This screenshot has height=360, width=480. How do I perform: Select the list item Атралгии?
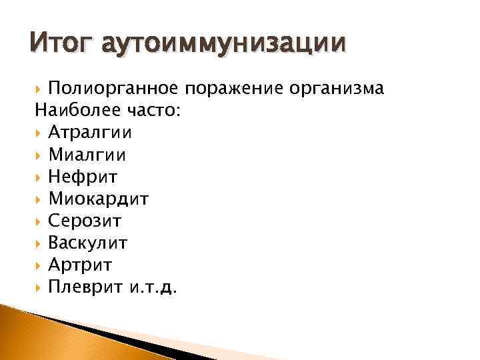90,133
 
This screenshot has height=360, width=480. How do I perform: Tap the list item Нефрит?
83,177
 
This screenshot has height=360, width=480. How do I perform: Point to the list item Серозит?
85,221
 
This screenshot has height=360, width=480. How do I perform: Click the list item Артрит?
80,265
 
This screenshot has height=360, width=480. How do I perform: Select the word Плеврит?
84,287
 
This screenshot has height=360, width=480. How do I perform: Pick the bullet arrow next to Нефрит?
40,177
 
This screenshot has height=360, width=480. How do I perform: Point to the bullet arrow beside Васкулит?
40,243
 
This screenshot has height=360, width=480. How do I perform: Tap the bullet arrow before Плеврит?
40,287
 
